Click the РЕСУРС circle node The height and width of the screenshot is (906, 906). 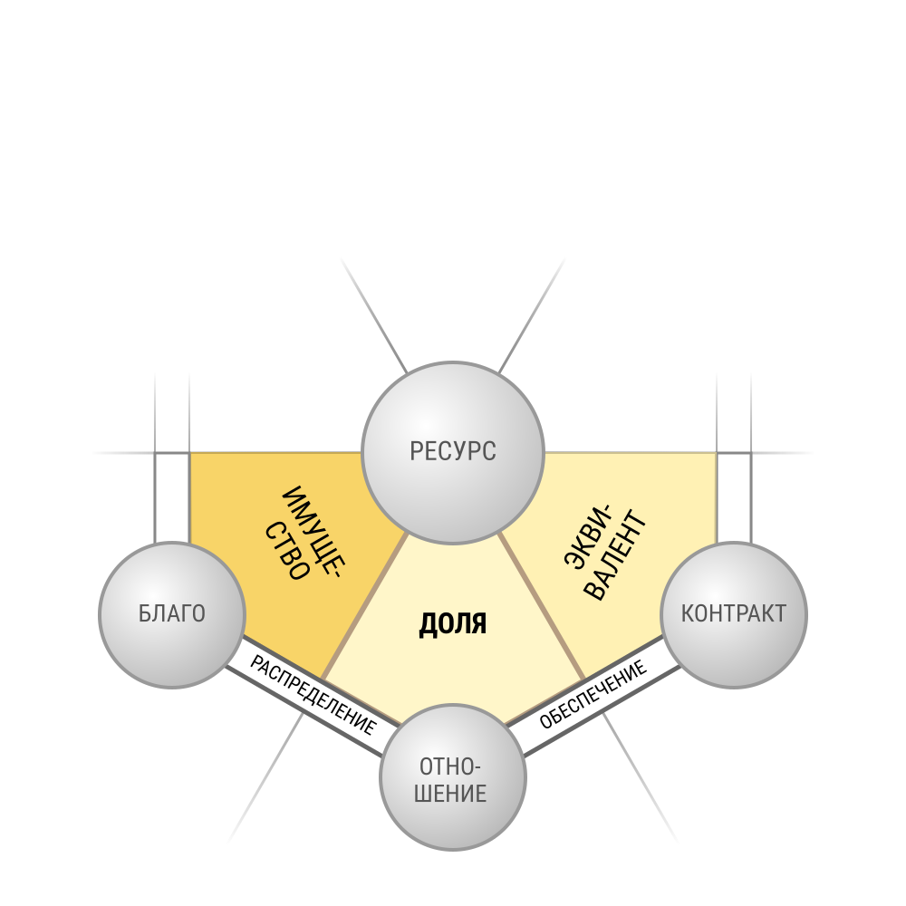click(x=452, y=452)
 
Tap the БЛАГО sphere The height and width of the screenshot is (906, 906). click(x=172, y=615)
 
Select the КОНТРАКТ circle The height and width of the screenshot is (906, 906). click(x=734, y=615)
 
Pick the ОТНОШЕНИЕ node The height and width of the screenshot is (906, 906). click(x=453, y=777)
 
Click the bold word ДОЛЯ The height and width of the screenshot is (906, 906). click(x=452, y=624)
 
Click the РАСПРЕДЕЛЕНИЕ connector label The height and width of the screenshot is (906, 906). click(x=313, y=695)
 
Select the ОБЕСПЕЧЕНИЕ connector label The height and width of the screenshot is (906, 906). click(x=593, y=695)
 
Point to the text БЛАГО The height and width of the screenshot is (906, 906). click(x=172, y=613)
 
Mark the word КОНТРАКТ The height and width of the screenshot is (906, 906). click(x=734, y=613)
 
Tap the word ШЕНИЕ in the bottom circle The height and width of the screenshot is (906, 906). click(x=450, y=794)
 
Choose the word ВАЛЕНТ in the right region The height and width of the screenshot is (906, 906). click(x=616, y=555)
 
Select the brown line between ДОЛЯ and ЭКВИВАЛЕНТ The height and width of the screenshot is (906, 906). click(x=542, y=606)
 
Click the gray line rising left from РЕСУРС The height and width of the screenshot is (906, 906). click(x=374, y=315)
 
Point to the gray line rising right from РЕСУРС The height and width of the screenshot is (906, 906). click(x=532, y=315)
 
